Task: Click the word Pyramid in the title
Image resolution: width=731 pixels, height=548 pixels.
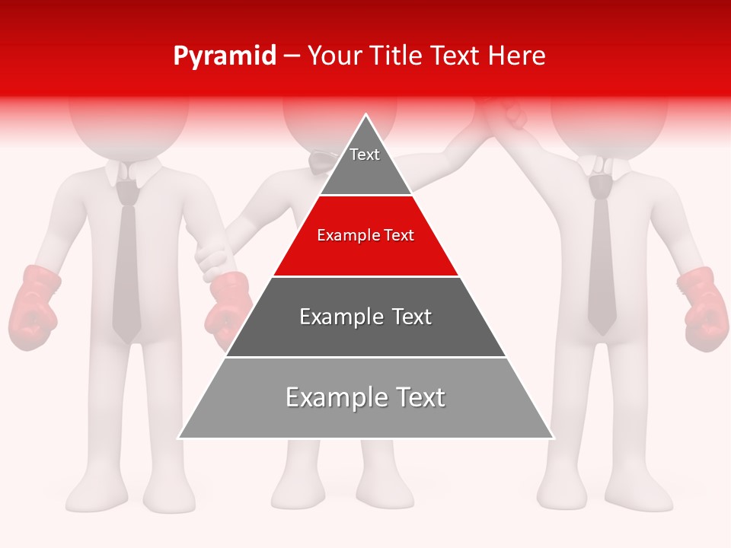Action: [x=224, y=56]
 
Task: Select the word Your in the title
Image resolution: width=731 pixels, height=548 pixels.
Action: [x=334, y=56]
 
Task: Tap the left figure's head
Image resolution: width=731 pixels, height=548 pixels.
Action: [x=128, y=122]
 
